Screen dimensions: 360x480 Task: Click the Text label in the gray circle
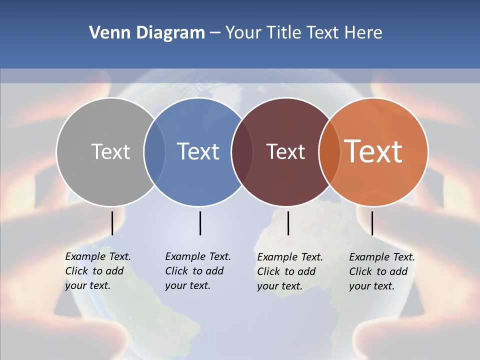pos(110,151)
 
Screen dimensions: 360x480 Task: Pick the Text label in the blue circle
pos(198,151)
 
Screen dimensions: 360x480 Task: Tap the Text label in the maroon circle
pos(285,151)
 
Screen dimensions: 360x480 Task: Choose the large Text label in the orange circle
pos(373,151)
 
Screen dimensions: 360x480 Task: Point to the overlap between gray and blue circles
pos(154,151)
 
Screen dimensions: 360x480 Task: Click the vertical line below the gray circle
pos(112,223)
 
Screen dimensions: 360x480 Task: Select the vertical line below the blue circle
pos(200,223)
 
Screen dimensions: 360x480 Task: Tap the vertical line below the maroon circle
pos(288,223)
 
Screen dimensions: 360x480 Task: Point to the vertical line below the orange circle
pos(372,223)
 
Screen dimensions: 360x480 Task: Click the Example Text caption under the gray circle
pos(98,271)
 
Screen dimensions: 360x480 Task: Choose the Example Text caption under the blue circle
pos(198,271)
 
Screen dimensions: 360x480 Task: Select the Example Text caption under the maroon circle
pos(290,271)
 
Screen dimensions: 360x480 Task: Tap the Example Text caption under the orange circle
pos(382,271)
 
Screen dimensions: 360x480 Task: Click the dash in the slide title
pos(215,33)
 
